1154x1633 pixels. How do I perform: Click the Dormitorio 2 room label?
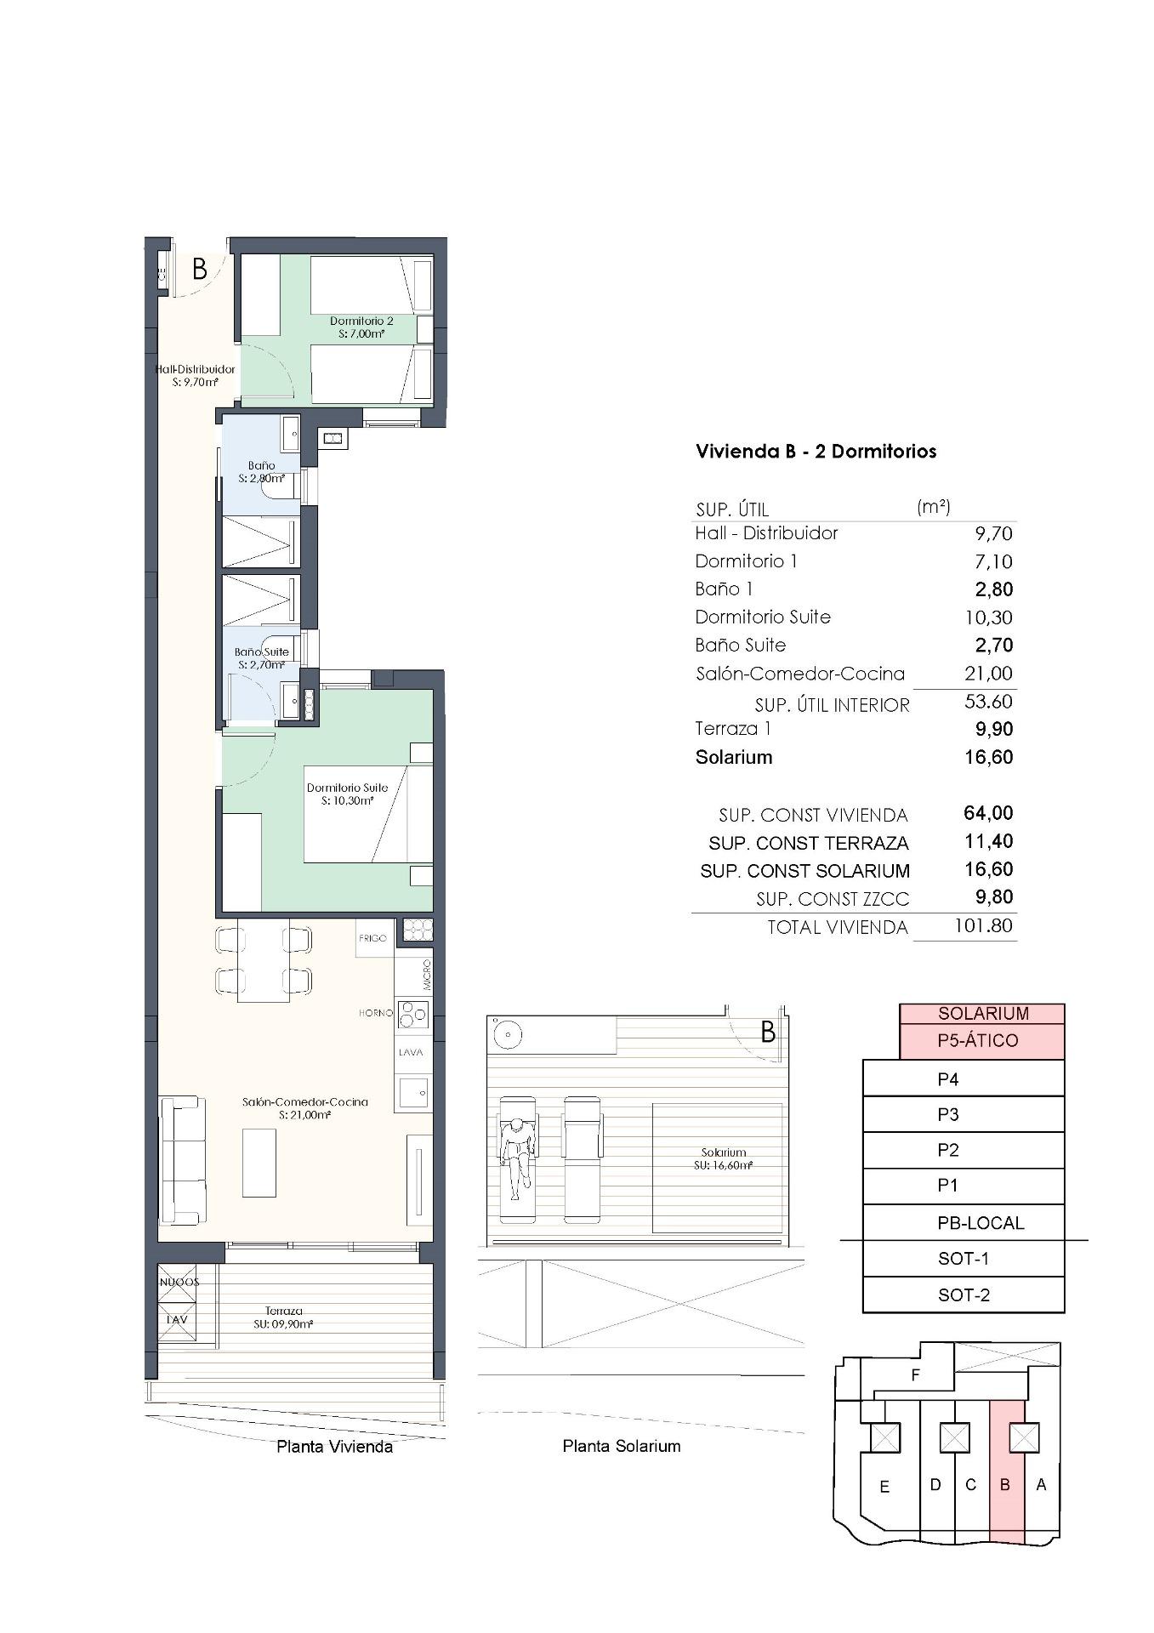361,327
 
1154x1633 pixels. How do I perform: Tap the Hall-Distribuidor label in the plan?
196,376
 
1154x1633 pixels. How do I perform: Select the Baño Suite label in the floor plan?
262,657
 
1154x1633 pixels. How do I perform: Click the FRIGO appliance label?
372,938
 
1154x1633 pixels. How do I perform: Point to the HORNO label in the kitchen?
375,1013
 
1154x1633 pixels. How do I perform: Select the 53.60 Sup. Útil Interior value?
987,702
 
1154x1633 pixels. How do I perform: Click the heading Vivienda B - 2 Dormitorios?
816,452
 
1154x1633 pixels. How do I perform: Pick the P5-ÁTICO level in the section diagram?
981,1040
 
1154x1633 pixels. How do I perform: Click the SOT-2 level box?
963,1294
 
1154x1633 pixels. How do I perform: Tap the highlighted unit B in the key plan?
1006,1485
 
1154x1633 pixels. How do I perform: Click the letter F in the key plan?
915,1374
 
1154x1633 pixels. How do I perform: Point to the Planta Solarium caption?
621,1446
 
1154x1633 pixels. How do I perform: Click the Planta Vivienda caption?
334,1447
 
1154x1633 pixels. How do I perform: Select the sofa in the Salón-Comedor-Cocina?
182,1158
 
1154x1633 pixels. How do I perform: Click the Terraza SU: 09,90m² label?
284,1317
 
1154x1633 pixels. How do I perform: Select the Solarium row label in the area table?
734,757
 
